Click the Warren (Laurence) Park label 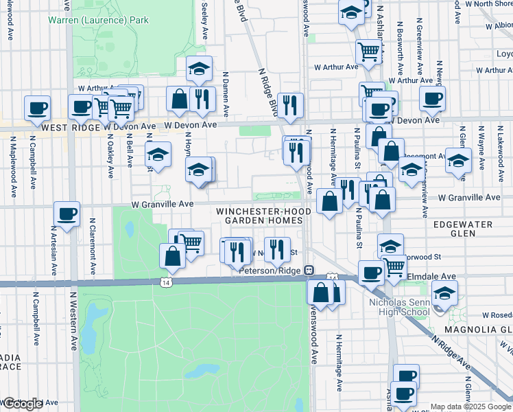pos(98,20)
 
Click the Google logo pos(22,404)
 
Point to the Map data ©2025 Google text pos(471,407)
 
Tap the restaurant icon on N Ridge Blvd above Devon pos(290,105)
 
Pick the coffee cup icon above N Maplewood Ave pos(37,107)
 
